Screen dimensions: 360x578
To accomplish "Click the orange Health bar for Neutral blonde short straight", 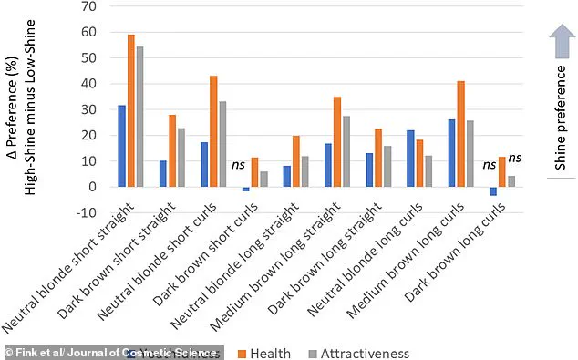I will coord(131,110).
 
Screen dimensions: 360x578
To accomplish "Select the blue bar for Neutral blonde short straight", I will coord(121,146).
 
